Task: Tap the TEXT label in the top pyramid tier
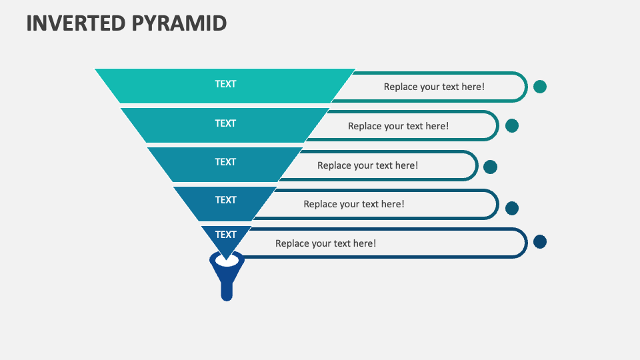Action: coord(225,84)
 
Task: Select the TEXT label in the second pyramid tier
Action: coord(225,123)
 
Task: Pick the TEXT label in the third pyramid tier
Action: coord(225,162)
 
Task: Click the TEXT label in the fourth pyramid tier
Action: coord(225,200)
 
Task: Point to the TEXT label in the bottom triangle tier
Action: coord(225,235)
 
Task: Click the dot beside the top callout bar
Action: coord(540,87)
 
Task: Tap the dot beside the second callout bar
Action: coord(512,125)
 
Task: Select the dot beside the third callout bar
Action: coord(490,167)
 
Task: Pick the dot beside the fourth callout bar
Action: coord(512,208)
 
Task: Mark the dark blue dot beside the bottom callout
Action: coord(540,241)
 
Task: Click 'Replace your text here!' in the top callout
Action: coord(434,87)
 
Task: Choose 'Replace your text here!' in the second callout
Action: coord(398,126)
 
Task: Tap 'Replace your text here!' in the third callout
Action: coord(367,165)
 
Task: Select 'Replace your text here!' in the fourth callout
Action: coord(354,204)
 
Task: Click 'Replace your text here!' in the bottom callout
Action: coord(325,243)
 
